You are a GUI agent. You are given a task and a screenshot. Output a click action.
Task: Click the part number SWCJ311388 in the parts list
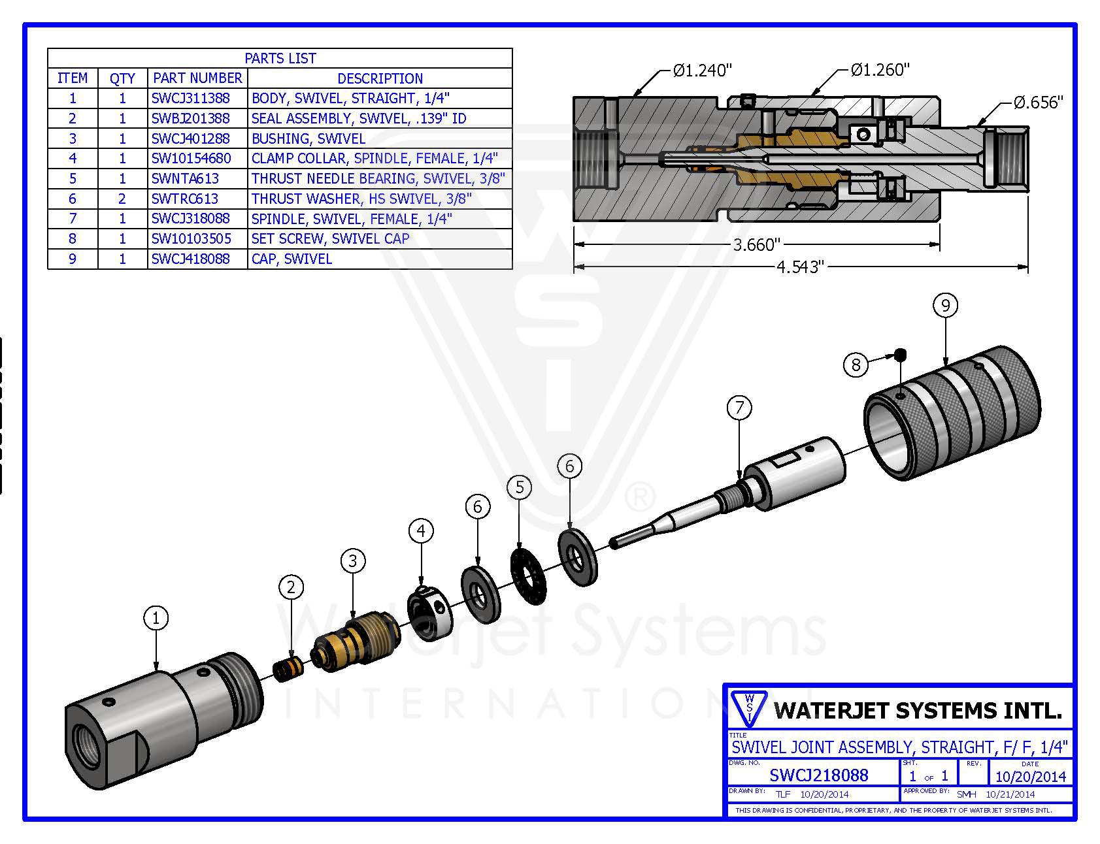(191, 99)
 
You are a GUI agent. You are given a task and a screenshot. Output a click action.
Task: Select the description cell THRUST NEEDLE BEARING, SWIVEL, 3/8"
(378, 179)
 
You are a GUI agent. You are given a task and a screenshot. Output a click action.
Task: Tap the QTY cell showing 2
(122, 199)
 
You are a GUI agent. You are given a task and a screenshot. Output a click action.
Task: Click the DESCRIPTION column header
(380, 78)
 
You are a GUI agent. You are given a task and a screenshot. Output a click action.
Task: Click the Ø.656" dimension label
(1038, 103)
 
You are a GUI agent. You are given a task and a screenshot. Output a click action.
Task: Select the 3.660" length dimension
(756, 245)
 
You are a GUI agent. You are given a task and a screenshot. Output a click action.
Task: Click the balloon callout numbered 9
(945, 305)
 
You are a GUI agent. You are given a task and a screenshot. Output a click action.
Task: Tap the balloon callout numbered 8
(856, 364)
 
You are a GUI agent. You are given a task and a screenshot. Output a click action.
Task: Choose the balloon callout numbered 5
(520, 487)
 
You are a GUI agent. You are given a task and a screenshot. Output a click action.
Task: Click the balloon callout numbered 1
(156, 618)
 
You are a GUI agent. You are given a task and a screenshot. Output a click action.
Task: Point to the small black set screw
(901, 354)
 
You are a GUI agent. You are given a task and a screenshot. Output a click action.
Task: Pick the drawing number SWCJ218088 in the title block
(818, 775)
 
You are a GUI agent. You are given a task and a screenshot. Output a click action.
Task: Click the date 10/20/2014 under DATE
(1030, 776)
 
